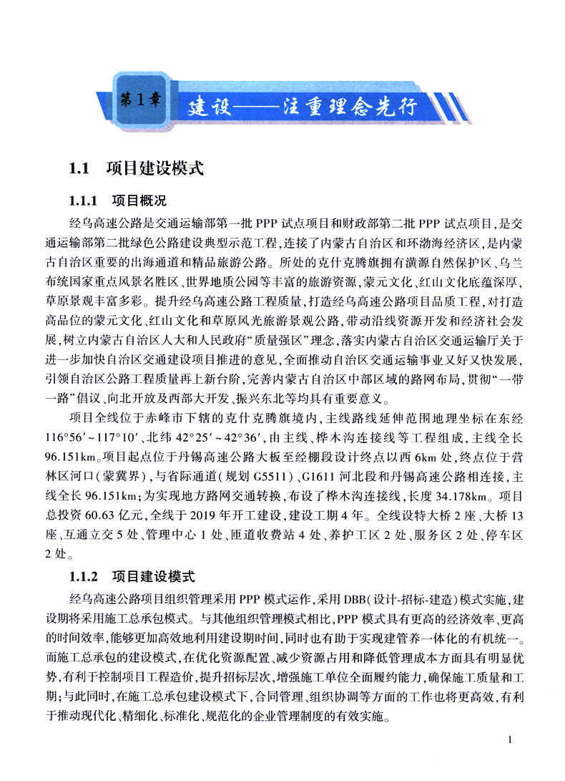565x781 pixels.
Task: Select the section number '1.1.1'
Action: coord(87,201)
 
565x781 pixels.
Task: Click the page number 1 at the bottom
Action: coord(508,739)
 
